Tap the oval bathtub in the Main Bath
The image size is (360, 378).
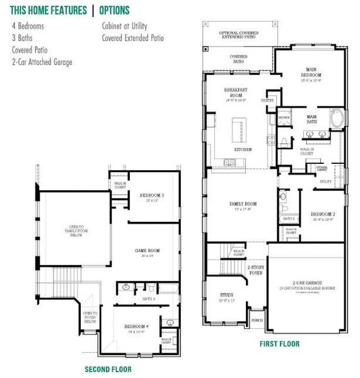point(337,118)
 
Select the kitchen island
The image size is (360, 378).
point(240,129)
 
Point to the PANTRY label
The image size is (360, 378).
point(267,100)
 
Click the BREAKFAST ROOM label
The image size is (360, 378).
point(238,93)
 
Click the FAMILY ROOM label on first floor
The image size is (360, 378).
point(242,205)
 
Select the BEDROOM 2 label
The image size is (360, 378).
point(322,216)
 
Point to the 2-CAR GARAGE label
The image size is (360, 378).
point(306,285)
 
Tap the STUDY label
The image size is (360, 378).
point(226,296)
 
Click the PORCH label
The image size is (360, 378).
point(257,319)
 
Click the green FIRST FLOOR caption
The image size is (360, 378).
point(280,344)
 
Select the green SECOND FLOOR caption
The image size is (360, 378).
point(108,369)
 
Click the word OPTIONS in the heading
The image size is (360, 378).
point(114,10)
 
